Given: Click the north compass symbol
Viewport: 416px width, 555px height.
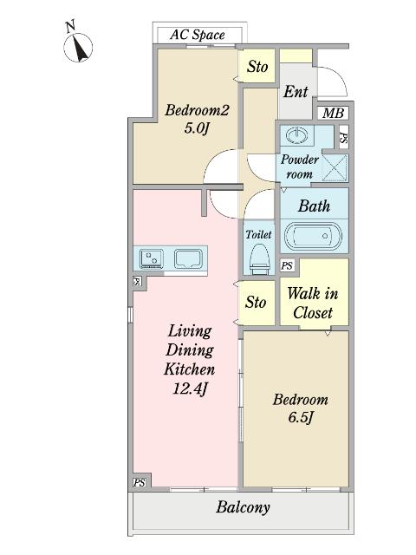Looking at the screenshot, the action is pyautogui.click(x=78, y=46).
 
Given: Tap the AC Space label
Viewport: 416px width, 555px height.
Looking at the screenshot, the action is pyautogui.click(x=198, y=35).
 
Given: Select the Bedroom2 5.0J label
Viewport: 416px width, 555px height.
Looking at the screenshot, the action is pyautogui.click(x=197, y=120).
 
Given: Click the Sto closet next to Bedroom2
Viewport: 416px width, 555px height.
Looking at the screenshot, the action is pyautogui.click(x=257, y=66).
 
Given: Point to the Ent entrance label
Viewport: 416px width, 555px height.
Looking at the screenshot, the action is pyautogui.click(x=296, y=92).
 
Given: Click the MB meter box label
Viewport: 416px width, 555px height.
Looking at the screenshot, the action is pyautogui.click(x=333, y=114).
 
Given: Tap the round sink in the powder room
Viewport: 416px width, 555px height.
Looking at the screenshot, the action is pyautogui.click(x=296, y=135).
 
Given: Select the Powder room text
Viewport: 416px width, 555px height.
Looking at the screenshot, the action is pyautogui.click(x=300, y=166).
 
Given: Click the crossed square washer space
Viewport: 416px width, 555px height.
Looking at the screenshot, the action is pyautogui.click(x=335, y=167).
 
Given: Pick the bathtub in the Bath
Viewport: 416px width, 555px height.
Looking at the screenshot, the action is pyautogui.click(x=314, y=236).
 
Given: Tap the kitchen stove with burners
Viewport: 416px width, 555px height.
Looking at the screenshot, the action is pyautogui.click(x=152, y=258).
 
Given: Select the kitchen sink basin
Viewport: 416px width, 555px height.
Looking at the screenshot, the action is pyautogui.click(x=188, y=258).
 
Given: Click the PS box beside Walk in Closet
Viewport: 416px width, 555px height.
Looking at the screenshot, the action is pyautogui.click(x=287, y=265).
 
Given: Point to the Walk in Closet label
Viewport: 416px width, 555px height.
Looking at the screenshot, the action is pyautogui.click(x=313, y=303).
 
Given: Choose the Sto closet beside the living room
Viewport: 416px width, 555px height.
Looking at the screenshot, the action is pyautogui.click(x=256, y=303).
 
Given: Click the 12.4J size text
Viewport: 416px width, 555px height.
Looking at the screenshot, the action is pyautogui.click(x=190, y=389).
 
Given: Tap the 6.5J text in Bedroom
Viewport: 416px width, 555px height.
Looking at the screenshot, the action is pyautogui.click(x=301, y=418).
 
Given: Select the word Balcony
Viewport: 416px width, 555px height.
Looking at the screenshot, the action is pyautogui.click(x=243, y=507).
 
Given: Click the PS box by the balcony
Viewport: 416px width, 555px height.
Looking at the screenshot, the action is pyautogui.click(x=140, y=482).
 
